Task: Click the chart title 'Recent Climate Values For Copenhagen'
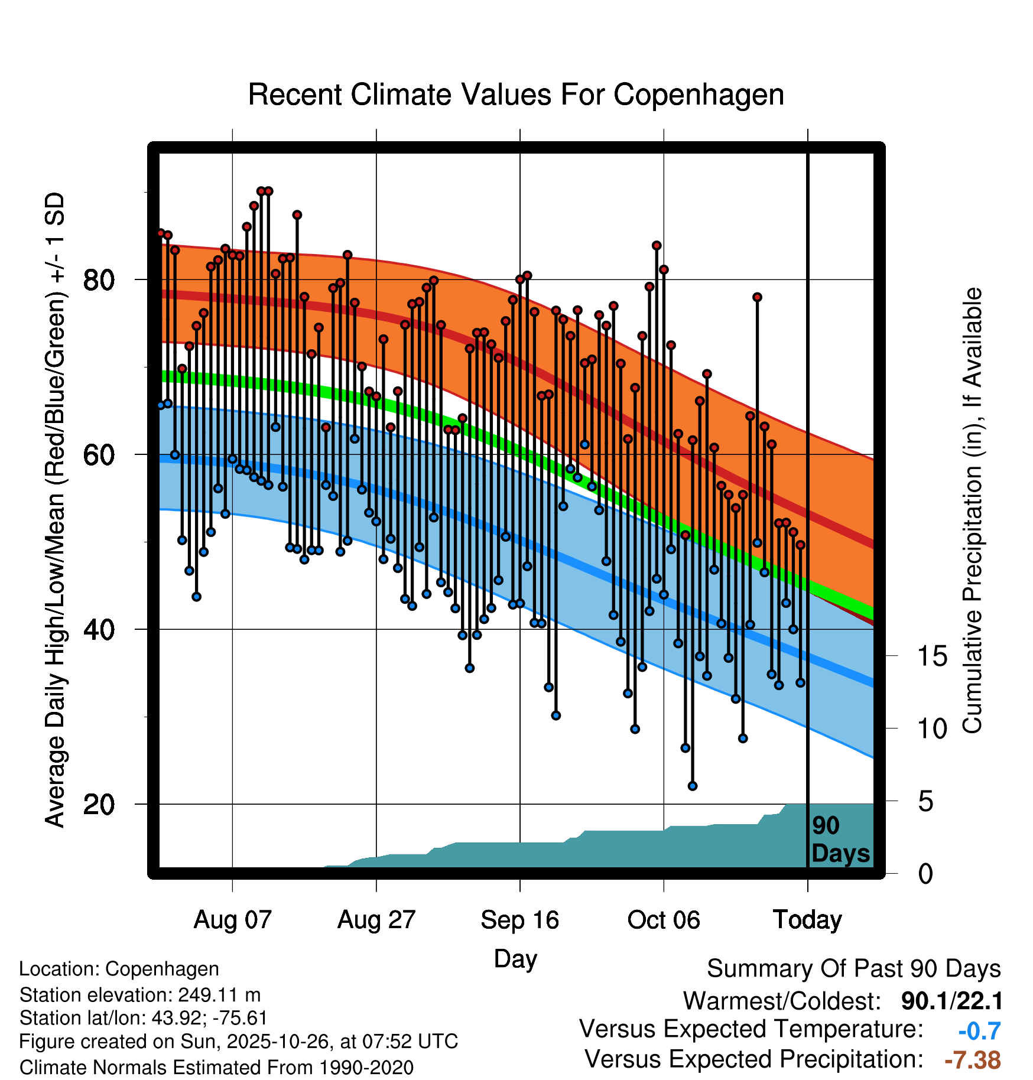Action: tap(516, 95)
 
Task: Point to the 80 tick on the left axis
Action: tap(99, 279)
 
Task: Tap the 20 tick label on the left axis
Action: tap(99, 804)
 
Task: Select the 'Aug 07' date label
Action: tap(232, 920)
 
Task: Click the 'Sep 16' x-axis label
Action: tap(519, 920)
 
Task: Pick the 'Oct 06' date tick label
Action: tap(663, 920)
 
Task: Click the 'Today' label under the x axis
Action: tap(807, 920)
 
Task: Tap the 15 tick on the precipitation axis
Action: tap(933, 656)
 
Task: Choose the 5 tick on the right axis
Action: tap(926, 802)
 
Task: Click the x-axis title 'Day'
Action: tap(515, 958)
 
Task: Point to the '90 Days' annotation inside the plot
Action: tap(840, 840)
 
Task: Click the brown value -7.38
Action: tap(972, 1060)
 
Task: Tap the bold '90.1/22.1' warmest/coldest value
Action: tap(951, 1001)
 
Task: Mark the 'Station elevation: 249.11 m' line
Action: tap(140, 995)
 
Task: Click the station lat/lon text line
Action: tap(144, 1018)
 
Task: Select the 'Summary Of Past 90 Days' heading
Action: tap(853, 969)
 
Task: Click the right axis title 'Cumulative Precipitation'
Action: tap(972, 511)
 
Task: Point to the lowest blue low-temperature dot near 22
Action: tap(693, 786)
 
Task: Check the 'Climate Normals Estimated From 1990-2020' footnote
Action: tap(216, 1068)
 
